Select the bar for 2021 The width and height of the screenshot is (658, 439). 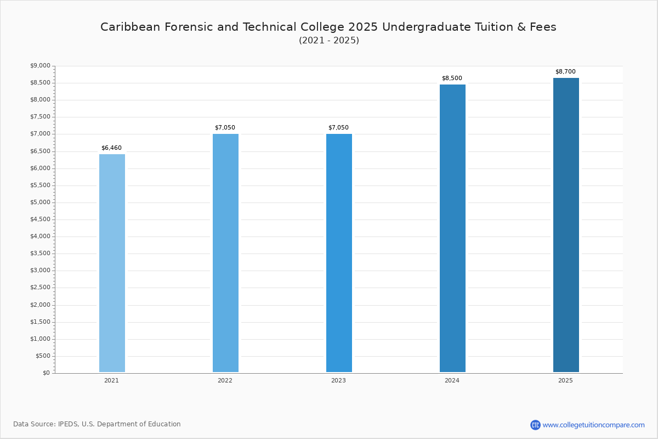point(112,263)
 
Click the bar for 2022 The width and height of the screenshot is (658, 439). point(225,253)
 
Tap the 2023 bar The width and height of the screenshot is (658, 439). point(339,253)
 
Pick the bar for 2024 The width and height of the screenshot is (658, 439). point(453,228)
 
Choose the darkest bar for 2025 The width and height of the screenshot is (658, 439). point(566,225)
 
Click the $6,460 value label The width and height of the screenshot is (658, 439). point(112,148)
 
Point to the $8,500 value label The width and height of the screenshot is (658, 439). point(452,78)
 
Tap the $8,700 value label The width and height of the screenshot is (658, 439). point(565,71)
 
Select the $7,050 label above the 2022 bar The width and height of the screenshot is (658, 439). point(225,127)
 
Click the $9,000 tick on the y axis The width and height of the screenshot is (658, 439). point(40,65)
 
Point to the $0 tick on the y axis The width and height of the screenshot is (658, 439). point(47,373)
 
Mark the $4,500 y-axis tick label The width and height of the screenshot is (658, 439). point(40,219)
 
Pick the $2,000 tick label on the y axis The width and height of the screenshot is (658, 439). point(40,305)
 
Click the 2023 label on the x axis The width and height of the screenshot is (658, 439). point(339,380)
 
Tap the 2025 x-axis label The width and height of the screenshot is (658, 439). point(565,380)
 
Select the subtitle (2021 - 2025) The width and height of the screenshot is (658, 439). point(329,40)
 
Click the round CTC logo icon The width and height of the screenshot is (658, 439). point(535,425)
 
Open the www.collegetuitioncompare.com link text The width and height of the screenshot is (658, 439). point(594,425)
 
